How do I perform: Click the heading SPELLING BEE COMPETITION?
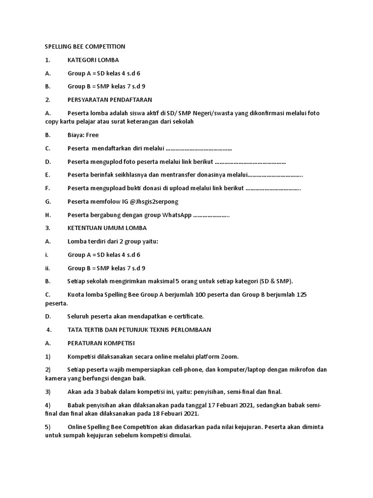pyautogui.click(x=85, y=47)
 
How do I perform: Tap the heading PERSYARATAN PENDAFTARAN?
pyautogui.click(x=110, y=100)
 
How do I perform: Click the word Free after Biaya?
pyautogui.click(x=92, y=135)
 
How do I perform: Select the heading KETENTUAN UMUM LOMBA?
pyautogui.click(x=107, y=228)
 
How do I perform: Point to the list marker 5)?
pyautogui.click(x=48, y=427)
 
